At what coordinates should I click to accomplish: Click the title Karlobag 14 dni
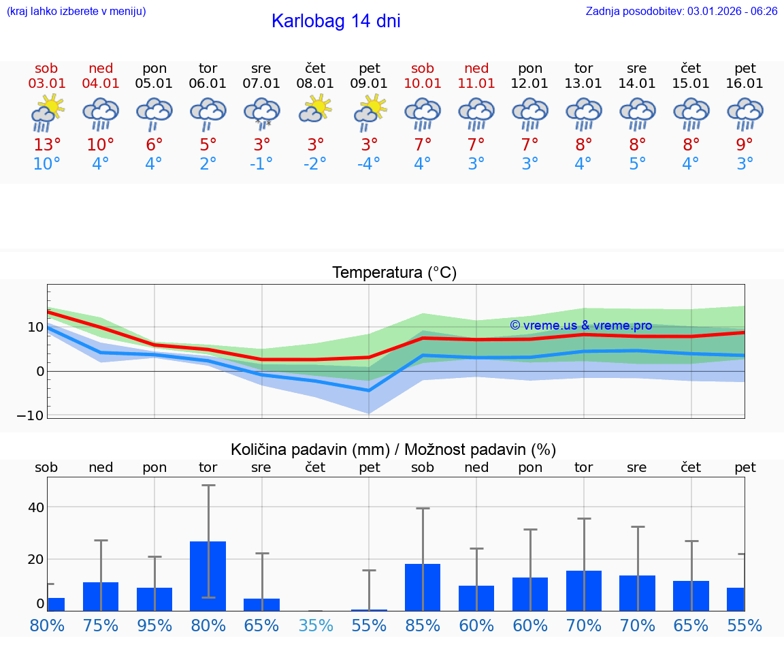(336, 21)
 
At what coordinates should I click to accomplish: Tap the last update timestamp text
(681, 11)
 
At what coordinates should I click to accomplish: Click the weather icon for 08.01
(315, 109)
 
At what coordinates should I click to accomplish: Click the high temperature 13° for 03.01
(46, 145)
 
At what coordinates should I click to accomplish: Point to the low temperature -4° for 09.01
(369, 164)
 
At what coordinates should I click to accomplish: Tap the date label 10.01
(423, 84)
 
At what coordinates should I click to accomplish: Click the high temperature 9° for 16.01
(745, 145)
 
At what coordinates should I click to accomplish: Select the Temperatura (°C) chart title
(394, 273)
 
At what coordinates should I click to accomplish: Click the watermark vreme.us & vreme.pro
(581, 326)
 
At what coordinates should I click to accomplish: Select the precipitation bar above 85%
(423, 587)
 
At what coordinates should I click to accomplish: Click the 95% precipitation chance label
(154, 626)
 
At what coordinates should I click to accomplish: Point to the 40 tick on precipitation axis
(35, 507)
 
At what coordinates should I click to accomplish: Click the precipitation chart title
(393, 449)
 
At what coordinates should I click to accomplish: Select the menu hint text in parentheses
(76, 11)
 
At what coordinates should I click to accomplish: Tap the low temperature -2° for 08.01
(315, 164)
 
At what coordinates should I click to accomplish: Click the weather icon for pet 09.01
(370, 111)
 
